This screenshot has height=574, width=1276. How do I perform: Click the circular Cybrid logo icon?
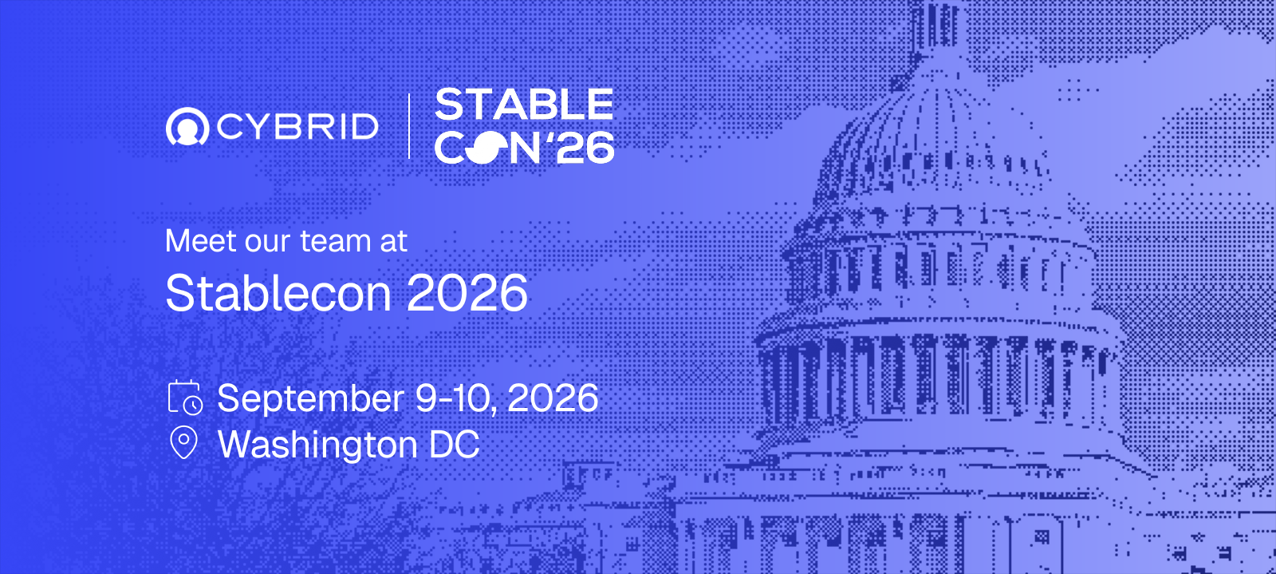[x=187, y=126]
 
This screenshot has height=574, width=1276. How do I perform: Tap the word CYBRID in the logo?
[x=297, y=127]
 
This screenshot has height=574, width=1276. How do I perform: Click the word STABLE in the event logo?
[x=524, y=105]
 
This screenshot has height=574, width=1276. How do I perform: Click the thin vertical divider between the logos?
[x=409, y=126]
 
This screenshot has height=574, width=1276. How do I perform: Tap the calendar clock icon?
[x=185, y=397]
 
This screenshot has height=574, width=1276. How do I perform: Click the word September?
[x=310, y=399]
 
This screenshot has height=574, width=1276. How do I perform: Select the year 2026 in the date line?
[x=553, y=398]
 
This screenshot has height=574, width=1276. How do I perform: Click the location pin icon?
[x=184, y=443]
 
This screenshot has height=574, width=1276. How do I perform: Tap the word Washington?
[x=318, y=445]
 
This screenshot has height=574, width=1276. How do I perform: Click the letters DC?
[x=455, y=444]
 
